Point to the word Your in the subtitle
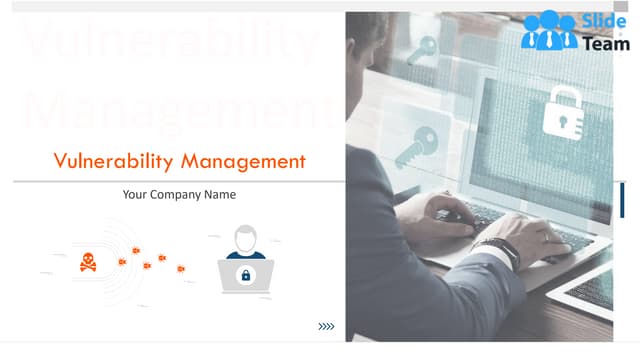click(135, 195)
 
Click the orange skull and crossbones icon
click(88, 263)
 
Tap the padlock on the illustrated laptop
click(245, 275)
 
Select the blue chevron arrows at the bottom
click(326, 326)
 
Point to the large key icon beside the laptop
click(412, 148)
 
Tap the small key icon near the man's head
click(425, 47)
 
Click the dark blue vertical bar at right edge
click(621, 199)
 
